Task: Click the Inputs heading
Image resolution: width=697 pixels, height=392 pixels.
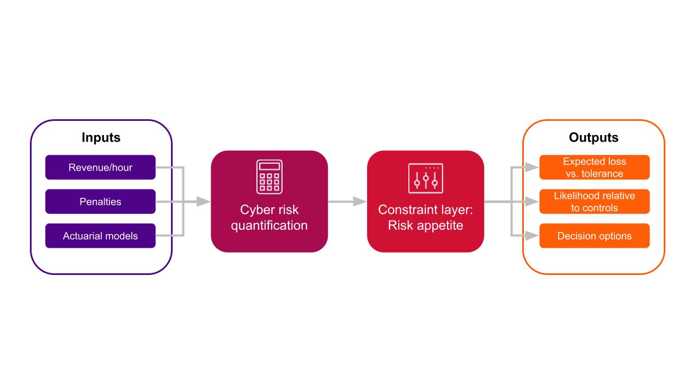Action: point(101,138)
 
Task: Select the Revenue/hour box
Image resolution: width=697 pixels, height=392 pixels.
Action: point(100,167)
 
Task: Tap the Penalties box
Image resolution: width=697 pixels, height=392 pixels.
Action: point(100,201)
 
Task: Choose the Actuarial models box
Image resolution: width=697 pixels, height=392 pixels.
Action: point(100,236)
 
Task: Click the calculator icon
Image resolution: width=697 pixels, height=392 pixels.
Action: point(270,177)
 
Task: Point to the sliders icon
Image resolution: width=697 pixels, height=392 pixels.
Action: point(425,178)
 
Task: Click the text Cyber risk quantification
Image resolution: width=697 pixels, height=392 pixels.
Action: point(269,218)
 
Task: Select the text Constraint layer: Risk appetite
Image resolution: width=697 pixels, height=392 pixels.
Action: point(425,218)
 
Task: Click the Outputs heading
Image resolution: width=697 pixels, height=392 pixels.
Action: point(594,138)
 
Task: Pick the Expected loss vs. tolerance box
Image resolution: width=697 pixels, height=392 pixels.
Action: point(594,167)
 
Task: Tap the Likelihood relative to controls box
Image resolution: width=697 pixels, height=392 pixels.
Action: point(594,201)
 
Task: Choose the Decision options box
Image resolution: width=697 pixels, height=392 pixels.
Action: point(594,236)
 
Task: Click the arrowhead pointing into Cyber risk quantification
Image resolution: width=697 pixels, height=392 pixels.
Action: point(204,201)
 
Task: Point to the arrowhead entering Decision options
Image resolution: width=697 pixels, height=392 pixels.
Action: point(532,236)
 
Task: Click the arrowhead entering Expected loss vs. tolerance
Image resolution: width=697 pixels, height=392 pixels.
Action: point(532,167)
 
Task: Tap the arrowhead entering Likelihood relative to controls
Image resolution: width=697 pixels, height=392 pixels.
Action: point(532,201)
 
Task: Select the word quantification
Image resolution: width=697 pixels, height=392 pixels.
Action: point(269,225)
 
